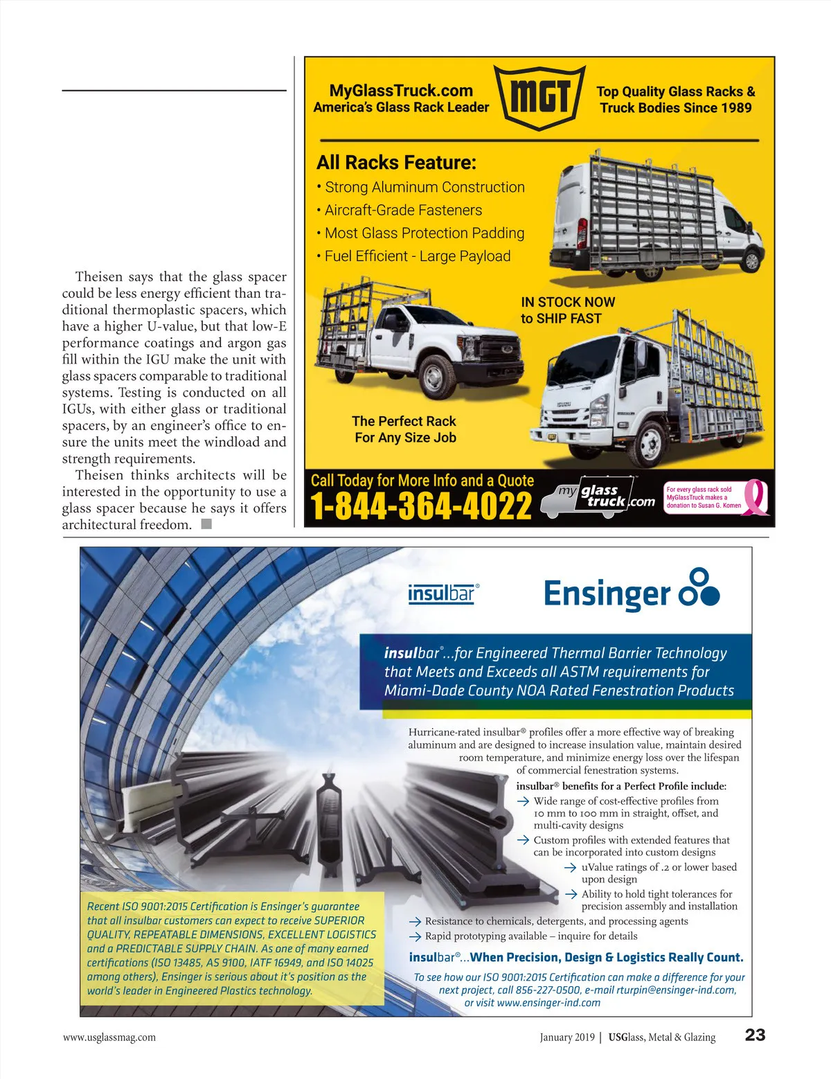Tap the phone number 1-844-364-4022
421,506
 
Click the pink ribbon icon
756,498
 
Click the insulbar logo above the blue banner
443,594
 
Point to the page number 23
755,1035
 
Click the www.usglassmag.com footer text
109,1037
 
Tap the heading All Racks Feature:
396,163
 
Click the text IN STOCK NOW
568,302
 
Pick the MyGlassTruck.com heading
401,91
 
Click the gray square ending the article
206,524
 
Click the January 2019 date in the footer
567,1037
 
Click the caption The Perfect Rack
404,421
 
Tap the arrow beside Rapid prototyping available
415,936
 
